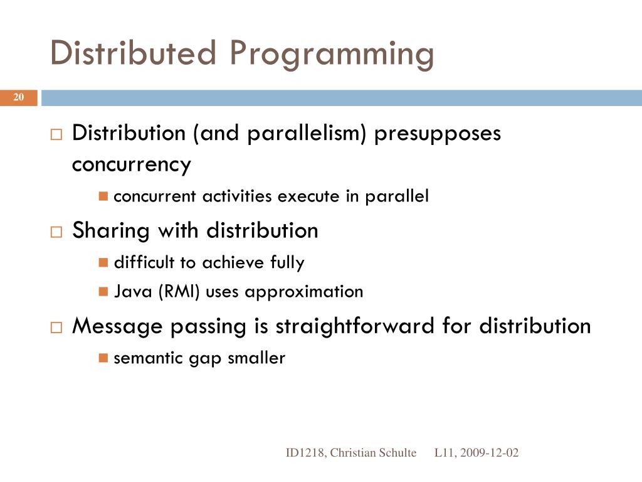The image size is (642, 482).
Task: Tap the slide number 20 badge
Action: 18,97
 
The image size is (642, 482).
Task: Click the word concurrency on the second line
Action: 131,164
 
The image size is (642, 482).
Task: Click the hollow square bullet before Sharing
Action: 56,232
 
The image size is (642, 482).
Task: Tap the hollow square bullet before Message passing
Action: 56,327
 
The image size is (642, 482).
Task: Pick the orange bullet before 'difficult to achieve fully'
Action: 104,262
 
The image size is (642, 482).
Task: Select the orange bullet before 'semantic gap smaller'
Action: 104,358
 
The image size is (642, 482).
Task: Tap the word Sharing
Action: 112,231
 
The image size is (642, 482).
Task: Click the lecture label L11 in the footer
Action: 446,453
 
